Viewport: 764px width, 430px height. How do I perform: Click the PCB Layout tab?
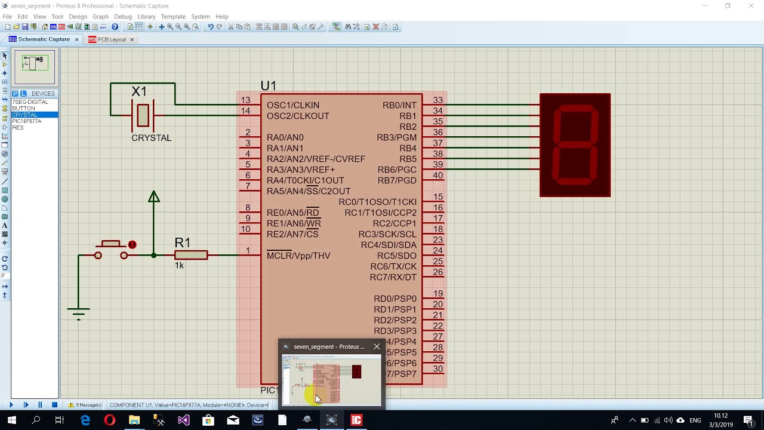[x=111, y=39]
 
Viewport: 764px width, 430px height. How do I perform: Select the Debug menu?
[x=122, y=17]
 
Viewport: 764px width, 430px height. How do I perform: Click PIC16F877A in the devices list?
[x=27, y=121]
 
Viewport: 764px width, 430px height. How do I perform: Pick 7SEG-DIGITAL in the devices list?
[x=30, y=102]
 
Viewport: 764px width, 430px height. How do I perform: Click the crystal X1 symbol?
[x=143, y=115]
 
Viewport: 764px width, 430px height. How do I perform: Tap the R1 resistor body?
[x=191, y=256]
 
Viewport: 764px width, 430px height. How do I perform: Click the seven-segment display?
[x=575, y=145]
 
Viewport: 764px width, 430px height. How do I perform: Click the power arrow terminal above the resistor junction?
[x=154, y=197]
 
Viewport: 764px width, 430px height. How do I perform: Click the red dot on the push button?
[x=133, y=245]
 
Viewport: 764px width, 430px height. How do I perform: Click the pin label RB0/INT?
[x=399, y=105]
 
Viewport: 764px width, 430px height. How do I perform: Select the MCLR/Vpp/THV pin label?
[x=298, y=256]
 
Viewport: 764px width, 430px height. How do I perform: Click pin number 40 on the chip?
[x=438, y=176]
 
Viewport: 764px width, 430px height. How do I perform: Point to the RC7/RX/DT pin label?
[x=393, y=277]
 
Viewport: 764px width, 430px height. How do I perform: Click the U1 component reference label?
[x=268, y=86]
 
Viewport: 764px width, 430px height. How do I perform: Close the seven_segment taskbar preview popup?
[x=377, y=346]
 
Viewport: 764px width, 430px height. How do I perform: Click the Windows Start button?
[x=11, y=420]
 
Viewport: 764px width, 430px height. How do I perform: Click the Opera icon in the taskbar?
[x=109, y=420]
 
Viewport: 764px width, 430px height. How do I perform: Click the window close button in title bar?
[x=751, y=6]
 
